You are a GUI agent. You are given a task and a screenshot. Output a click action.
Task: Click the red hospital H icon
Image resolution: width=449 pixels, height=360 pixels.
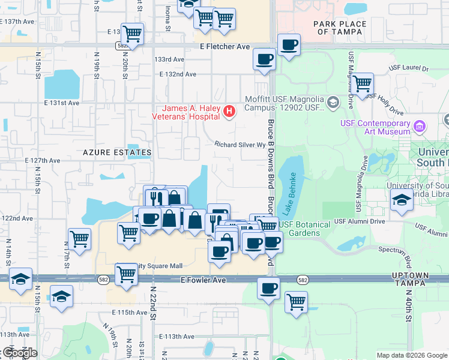(229, 112)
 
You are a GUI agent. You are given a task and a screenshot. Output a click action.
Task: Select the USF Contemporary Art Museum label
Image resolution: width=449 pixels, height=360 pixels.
(375, 127)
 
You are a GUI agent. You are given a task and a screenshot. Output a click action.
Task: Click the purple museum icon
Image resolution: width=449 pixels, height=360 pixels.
(420, 127)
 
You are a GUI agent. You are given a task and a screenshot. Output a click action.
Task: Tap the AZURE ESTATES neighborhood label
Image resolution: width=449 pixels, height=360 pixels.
(117, 153)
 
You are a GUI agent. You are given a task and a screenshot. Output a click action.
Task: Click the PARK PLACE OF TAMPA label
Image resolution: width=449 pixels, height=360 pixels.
(340, 28)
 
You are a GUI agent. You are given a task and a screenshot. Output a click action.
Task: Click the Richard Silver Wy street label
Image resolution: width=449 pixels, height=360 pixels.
(240, 145)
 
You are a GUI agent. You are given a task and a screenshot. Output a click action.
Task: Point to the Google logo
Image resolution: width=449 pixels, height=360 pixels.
(20, 353)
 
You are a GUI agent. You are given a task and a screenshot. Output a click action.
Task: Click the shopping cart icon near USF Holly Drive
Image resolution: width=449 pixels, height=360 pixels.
(363, 84)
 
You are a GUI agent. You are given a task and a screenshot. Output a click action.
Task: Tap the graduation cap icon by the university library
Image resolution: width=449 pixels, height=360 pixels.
(402, 201)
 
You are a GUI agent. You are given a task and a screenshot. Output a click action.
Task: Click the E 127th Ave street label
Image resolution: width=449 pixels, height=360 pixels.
(43, 161)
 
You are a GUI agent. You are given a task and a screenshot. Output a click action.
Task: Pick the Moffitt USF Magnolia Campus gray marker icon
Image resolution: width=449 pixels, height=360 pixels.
(333, 103)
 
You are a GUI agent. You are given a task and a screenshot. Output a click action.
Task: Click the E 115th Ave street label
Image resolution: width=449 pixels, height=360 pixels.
(130, 313)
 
